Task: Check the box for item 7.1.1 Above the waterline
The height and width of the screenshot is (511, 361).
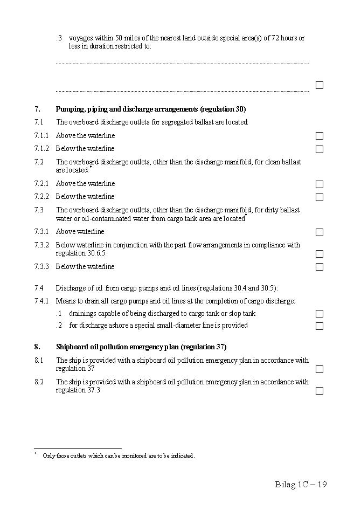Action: point(320,136)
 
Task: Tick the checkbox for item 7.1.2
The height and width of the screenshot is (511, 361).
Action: point(320,149)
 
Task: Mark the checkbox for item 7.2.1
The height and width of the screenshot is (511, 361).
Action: point(320,184)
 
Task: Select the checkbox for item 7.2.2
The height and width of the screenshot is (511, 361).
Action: point(320,197)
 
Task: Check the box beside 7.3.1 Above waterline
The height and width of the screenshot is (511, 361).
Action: point(320,232)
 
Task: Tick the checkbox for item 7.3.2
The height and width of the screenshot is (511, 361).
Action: point(320,254)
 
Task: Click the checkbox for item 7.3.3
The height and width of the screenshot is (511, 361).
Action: point(320,267)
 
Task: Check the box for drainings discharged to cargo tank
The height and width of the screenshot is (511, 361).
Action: point(320,314)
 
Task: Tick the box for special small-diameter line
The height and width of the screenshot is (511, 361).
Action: point(320,326)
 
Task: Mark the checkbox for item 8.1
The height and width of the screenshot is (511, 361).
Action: point(320,369)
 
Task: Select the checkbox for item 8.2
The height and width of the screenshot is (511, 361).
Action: point(320,391)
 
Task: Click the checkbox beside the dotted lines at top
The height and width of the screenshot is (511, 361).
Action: point(320,85)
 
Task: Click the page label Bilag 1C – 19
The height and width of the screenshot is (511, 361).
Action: point(301,484)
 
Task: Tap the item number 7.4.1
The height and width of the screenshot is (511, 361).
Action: point(41,301)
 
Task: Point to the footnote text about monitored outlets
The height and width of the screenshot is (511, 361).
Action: point(119,456)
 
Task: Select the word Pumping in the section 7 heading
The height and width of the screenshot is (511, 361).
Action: point(71,109)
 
